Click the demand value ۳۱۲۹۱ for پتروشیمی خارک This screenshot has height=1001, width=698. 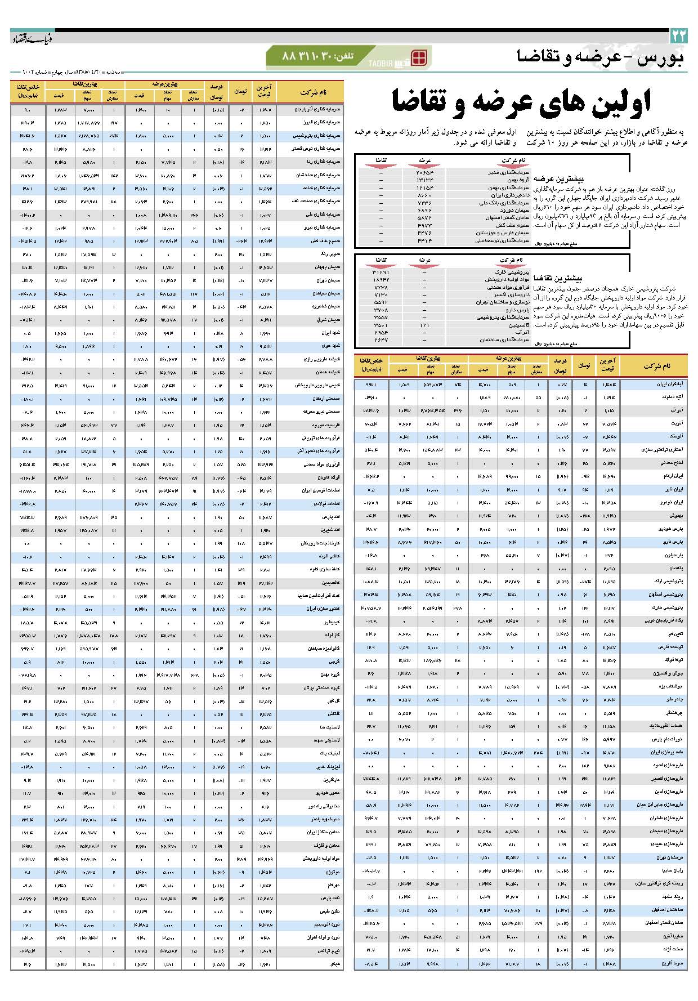click(x=381, y=272)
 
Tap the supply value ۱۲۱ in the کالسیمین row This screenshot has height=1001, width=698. click(x=424, y=325)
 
